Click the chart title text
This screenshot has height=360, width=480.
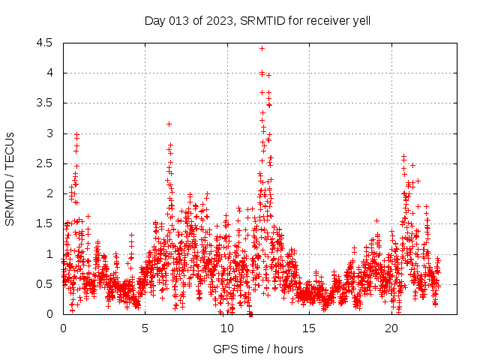click(x=257, y=20)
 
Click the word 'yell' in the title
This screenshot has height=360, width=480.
click(x=361, y=20)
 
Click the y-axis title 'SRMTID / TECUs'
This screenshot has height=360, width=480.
click(x=10, y=178)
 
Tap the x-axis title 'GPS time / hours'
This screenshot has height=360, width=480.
click(x=257, y=349)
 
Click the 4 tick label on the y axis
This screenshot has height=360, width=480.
click(x=49, y=73)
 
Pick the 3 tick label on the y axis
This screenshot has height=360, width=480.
click(x=49, y=133)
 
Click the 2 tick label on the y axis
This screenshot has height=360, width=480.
click(x=49, y=193)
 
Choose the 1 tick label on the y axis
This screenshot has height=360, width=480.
click(x=49, y=253)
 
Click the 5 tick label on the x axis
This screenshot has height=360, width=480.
click(x=145, y=328)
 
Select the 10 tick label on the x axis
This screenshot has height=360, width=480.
click(x=227, y=328)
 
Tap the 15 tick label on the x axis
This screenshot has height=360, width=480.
click(x=310, y=328)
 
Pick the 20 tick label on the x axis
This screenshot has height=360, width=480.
click(x=391, y=328)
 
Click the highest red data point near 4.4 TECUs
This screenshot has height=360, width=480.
click(x=262, y=48)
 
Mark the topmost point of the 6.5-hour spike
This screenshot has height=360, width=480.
click(x=169, y=124)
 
